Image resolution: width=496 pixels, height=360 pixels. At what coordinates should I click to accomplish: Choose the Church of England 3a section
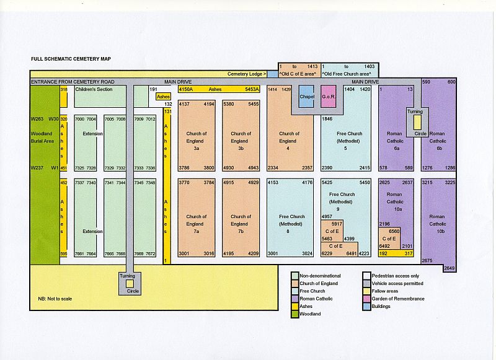(196, 141)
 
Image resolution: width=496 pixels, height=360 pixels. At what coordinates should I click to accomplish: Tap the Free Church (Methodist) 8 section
(291, 221)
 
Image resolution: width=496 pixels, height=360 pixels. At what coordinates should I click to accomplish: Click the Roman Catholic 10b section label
(438, 221)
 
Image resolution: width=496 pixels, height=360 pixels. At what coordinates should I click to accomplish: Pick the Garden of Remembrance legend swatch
(366, 299)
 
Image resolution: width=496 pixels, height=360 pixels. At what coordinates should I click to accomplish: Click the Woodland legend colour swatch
(294, 314)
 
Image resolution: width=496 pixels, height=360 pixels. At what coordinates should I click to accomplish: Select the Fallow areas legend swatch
(366, 291)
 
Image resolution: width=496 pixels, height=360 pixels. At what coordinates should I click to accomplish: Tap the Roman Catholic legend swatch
(294, 299)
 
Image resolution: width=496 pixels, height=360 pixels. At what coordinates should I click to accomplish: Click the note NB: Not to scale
(55, 299)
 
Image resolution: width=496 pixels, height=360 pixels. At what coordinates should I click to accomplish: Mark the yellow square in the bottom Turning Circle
(130, 284)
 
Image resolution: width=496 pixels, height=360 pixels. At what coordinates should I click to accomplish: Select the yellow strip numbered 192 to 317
(396, 253)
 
